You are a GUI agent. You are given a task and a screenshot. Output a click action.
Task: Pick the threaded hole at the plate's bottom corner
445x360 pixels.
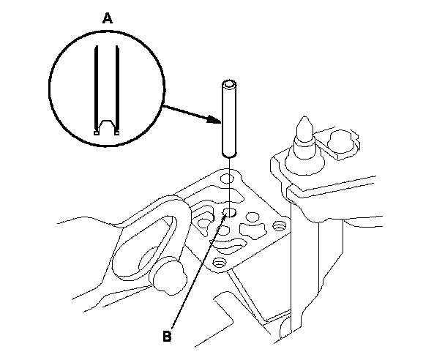pyautogui.click(x=217, y=261)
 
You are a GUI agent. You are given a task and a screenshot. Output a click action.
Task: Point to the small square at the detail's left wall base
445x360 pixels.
pyautogui.click(x=97, y=132)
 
